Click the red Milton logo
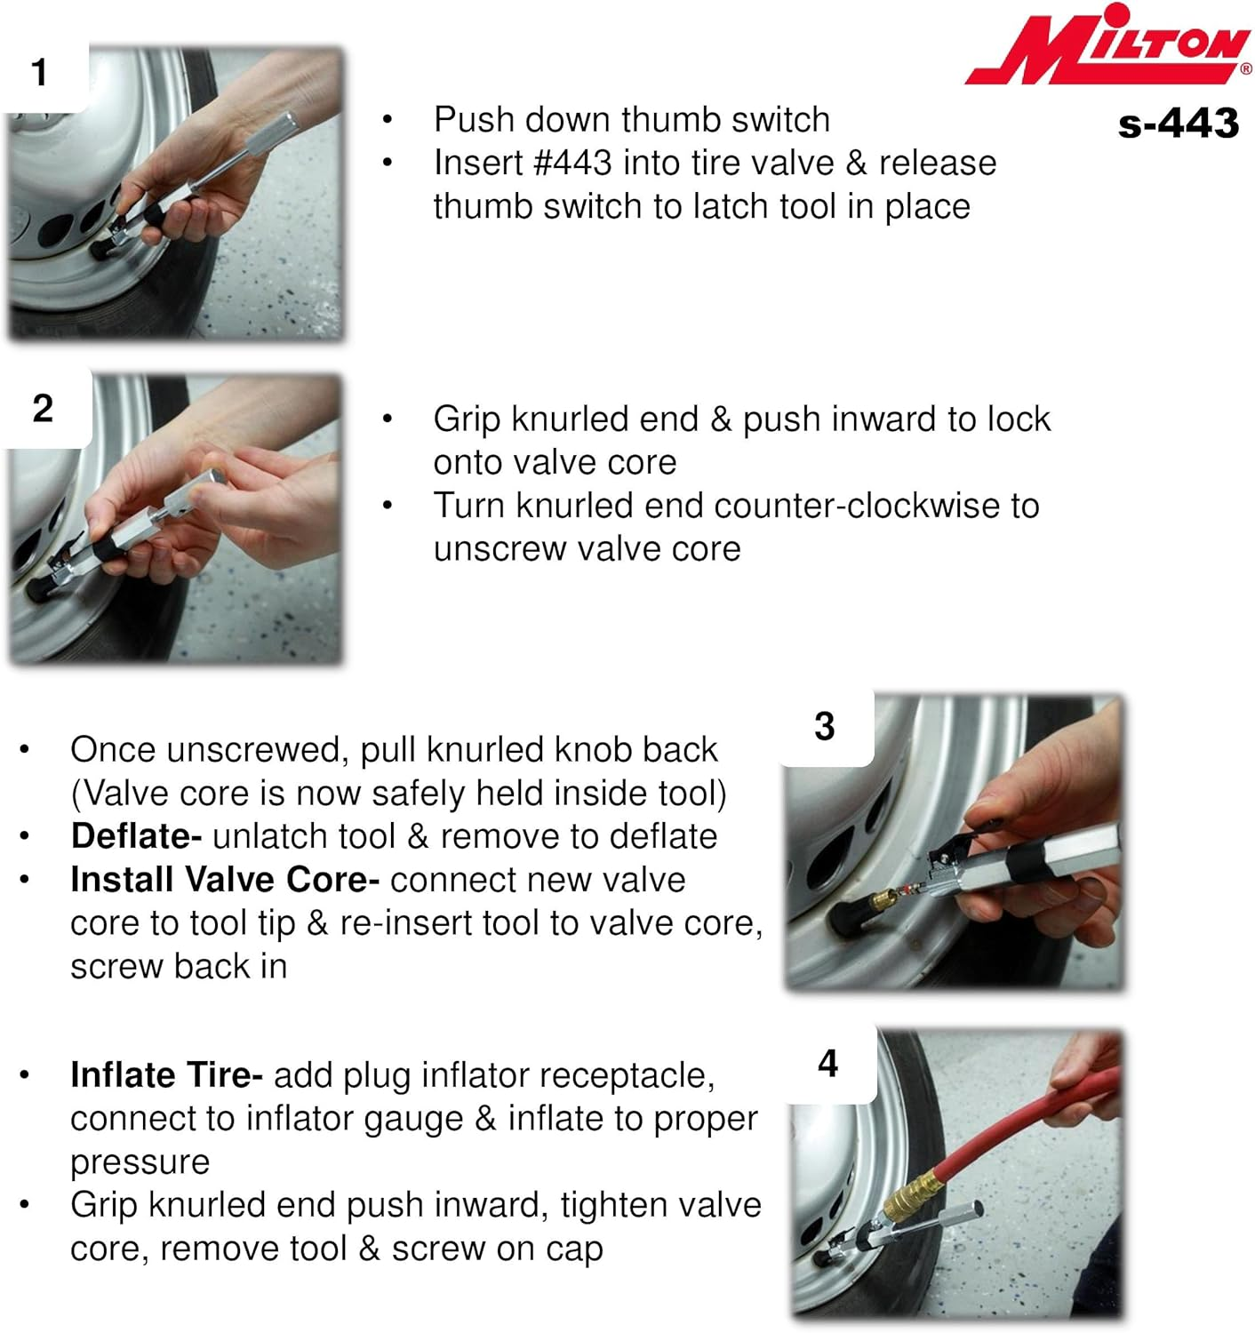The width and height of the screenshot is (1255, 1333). [x=1107, y=46]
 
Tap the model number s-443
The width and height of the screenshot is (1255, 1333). [x=1178, y=124]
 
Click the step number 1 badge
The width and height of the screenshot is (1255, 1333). [x=40, y=73]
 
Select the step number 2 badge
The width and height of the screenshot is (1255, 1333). [x=43, y=409]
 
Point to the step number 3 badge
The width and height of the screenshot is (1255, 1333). [x=825, y=727]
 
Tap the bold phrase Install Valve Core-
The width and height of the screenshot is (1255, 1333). [x=225, y=880]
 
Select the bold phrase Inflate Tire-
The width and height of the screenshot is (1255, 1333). [x=166, y=1075]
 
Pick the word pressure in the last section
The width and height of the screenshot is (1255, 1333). [x=140, y=1162]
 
